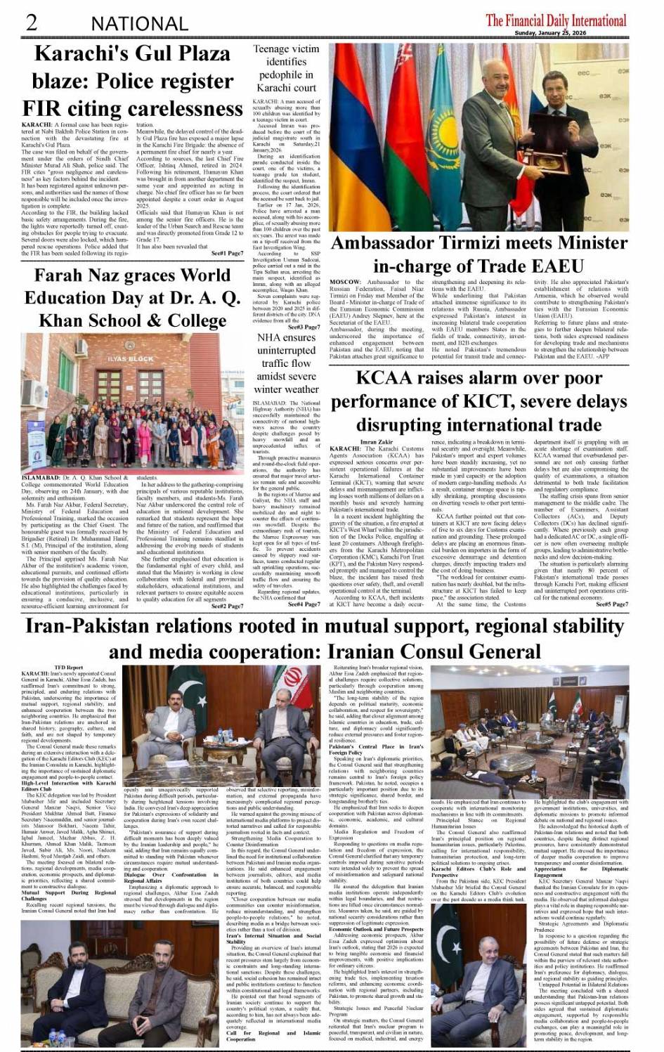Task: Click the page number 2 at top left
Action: click(x=31, y=22)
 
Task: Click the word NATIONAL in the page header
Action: click(x=139, y=24)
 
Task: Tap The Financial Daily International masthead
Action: click(x=556, y=20)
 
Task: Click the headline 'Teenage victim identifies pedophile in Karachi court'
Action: click(x=286, y=68)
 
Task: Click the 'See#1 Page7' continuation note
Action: click(x=227, y=253)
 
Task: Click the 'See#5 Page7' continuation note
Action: click(x=612, y=604)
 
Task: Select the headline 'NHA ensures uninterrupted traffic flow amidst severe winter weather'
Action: click(x=286, y=363)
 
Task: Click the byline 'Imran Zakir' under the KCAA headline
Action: click(x=377, y=441)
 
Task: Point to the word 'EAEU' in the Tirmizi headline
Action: click(x=557, y=266)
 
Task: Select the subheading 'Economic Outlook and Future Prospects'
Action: click(x=377, y=929)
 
